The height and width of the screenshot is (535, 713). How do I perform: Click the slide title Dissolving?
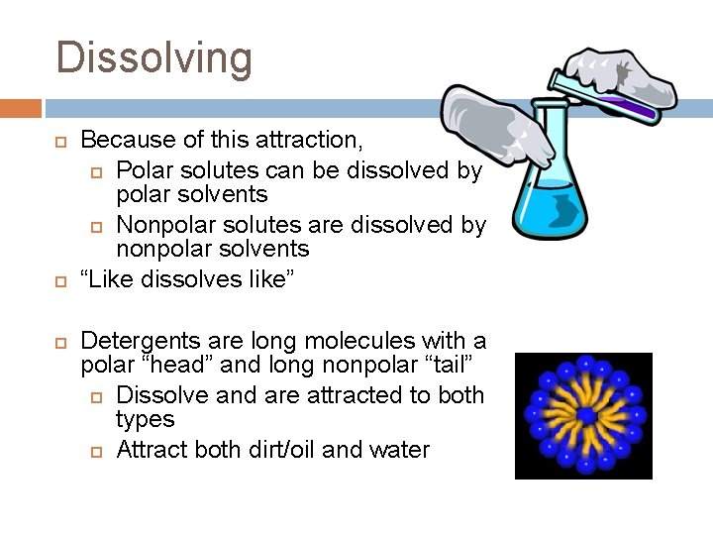click(154, 57)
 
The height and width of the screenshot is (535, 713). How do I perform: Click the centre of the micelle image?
click(583, 415)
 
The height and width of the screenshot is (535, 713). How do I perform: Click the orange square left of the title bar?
click(21, 108)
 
